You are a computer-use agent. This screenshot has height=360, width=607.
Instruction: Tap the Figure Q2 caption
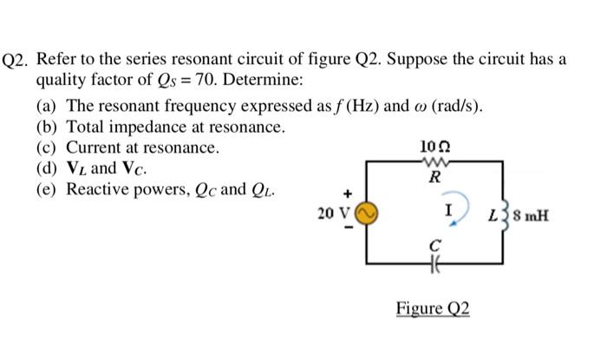point(432,309)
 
